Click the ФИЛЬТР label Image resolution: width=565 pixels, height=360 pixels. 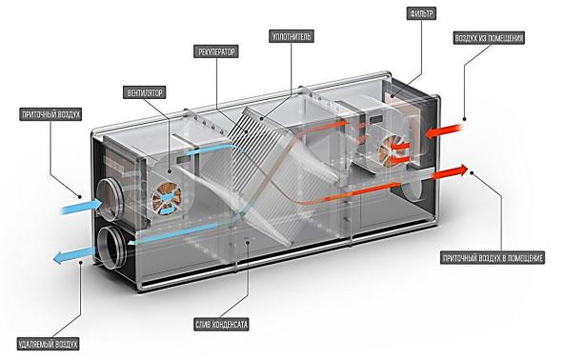(x=421, y=14)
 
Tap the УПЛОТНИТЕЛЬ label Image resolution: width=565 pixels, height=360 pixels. (x=292, y=37)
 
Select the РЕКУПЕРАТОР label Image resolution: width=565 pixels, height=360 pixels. (x=216, y=51)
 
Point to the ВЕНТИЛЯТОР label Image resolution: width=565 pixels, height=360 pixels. (x=145, y=93)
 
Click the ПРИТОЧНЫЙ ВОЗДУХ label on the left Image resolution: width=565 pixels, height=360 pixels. (x=50, y=114)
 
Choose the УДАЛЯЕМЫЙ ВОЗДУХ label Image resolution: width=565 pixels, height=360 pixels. (x=48, y=344)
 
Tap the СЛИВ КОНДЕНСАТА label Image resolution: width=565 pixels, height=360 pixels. (x=221, y=325)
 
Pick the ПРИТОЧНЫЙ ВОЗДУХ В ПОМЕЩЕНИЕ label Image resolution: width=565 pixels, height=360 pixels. (x=493, y=258)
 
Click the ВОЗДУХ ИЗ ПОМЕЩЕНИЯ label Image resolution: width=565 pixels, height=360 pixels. (x=489, y=38)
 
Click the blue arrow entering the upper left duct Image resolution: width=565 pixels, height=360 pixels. (x=82, y=207)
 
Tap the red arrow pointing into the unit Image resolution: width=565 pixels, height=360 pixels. (x=444, y=130)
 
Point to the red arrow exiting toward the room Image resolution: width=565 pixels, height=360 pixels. (x=451, y=172)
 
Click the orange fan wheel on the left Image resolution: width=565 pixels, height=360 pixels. (x=167, y=198)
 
